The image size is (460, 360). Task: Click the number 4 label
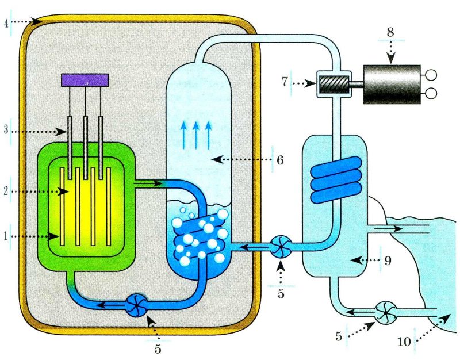pos(6,22)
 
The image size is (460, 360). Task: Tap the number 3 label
pos(6,131)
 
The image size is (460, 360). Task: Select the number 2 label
pos(6,191)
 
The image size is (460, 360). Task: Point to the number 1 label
pos(6,236)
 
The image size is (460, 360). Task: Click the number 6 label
pos(280,159)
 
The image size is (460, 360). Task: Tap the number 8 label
pos(390,32)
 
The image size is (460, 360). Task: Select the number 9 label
pos(388,261)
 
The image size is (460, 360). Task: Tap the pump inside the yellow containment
pos(138,305)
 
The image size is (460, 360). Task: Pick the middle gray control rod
pos(86,147)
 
